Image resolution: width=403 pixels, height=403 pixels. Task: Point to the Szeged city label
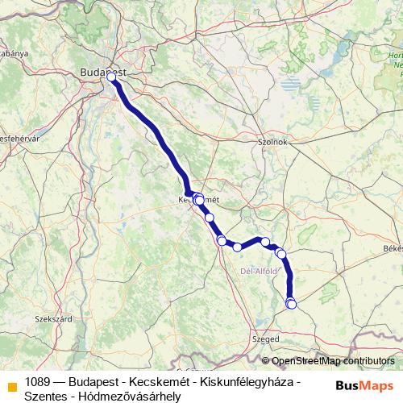(x=266, y=339)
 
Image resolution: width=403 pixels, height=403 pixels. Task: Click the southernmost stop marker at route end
(x=291, y=304)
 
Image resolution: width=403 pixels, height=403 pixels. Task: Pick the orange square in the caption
(x=11, y=383)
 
